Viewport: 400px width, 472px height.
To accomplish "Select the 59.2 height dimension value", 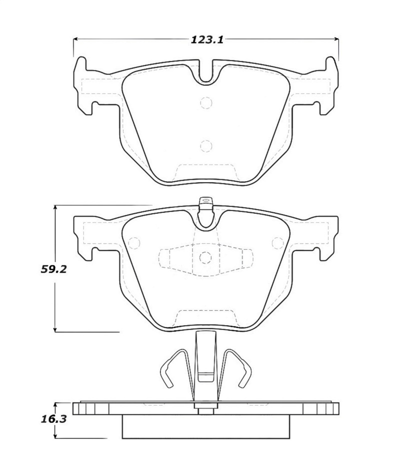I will coord(54,269).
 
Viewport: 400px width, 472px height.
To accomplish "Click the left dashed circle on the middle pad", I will coord(134,243).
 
